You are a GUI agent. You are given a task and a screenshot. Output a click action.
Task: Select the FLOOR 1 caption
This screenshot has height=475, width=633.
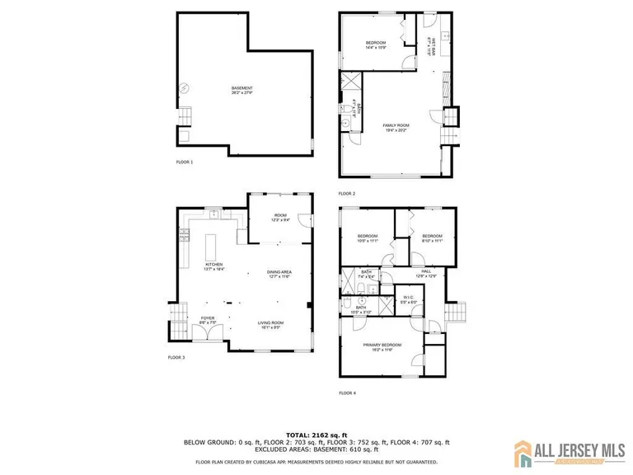tap(184, 162)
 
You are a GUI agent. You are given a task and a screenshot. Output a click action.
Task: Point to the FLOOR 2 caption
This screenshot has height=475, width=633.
tap(346, 194)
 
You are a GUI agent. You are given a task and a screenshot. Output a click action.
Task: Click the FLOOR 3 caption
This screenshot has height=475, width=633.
tap(176, 357)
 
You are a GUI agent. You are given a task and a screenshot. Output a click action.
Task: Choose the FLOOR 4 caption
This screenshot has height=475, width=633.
tap(346, 393)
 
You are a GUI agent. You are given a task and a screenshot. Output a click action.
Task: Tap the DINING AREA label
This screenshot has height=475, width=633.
tap(279, 274)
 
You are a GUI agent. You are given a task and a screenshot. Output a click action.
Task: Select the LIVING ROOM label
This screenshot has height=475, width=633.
tap(270, 324)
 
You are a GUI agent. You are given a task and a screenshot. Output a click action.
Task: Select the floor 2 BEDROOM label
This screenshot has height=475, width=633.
tap(375, 44)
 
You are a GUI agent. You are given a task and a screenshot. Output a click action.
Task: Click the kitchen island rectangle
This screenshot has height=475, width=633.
tap(209, 245)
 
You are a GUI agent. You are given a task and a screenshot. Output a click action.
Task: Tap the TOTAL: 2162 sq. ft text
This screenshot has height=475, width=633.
tap(316, 434)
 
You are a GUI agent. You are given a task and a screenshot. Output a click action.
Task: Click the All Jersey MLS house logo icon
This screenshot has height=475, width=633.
tap(523, 452)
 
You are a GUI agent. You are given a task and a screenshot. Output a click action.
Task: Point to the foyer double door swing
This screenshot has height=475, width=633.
tap(213, 331)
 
